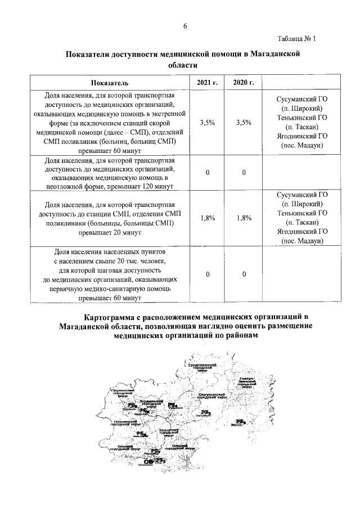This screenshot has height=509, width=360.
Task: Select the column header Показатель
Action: tap(111, 83)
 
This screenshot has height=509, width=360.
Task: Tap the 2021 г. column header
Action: tap(207, 83)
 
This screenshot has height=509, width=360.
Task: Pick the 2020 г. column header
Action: tap(244, 83)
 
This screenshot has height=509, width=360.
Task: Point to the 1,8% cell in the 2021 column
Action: tap(207, 218)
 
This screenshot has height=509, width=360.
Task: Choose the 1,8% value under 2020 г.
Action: tap(244, 218)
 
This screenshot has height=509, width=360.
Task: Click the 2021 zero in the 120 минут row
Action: tap(207, 173)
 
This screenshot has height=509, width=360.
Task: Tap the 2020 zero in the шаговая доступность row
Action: tap(244, 274)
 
